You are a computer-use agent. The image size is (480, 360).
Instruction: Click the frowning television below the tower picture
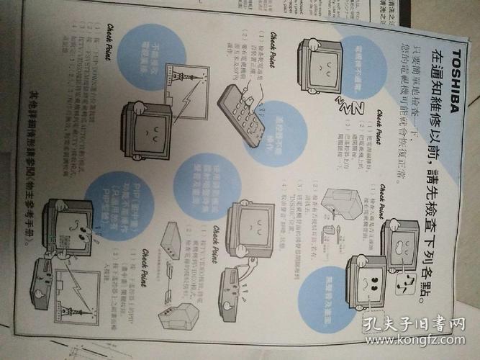pos(144,130)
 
